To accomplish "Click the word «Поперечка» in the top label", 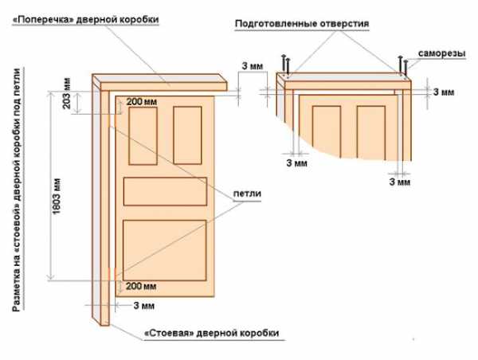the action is (x=42, y=19).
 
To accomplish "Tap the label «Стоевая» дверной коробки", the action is (x=211, y=333).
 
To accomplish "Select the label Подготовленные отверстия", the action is (x=302, y=24).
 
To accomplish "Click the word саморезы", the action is (x=441, y=53).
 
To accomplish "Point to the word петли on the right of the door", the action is (x=247, y=194).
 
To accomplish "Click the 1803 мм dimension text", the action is (x=57, y=196).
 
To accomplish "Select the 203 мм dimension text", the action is (x=66, y=93).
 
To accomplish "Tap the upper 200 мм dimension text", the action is (x=142, y=101).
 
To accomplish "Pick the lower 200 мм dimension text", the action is (x=141, y=286).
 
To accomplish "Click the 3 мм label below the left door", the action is (x=144, y=305).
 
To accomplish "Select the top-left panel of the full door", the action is (x=143, y=135).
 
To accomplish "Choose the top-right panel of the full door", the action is (x=187, y=135).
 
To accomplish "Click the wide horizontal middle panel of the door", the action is (x=165, y=191).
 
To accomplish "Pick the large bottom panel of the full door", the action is (x=165, y=250).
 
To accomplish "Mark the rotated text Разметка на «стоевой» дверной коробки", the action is (x=17, y=190).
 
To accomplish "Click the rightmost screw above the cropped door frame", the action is (x=406, y=68).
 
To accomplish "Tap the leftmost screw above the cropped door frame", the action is (x=284, y=64).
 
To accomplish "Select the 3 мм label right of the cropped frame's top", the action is (x=444, y=92).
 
